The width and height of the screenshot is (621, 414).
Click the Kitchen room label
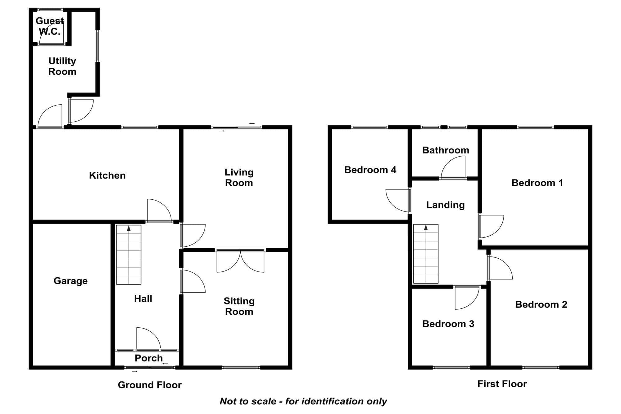(x=107, y=175)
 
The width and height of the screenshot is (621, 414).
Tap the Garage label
(x=70, y=281)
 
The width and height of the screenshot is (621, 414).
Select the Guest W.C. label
(x=50, y=26)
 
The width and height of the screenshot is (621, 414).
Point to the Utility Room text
(x=62, y=66)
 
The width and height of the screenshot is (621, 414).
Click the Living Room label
(x=239, y=177)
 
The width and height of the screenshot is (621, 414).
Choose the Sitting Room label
(x=239, y=306)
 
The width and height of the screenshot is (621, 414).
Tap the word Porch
(x=148, y=358)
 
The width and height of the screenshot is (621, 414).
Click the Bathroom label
(x=446, y=150)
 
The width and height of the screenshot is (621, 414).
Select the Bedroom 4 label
(x=370, y=170)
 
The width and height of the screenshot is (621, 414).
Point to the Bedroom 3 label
(x=448, y=324)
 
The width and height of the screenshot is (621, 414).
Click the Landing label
(x=445, y=205)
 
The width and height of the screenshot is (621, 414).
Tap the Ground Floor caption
(x=150, y=385)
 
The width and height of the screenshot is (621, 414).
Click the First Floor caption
(x=502, y=384)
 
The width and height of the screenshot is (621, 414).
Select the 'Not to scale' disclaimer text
(x=303, y=401)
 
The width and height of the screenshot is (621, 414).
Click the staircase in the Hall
(x=129, y=255)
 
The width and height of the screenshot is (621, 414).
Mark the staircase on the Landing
(x=426, y=254)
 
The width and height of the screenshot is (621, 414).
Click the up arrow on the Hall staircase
(x=129, y=229)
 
